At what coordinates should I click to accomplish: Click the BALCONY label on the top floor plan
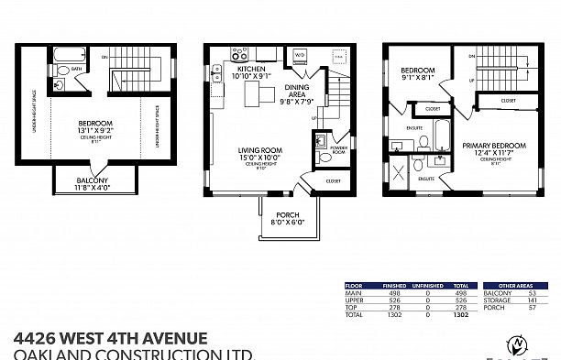pyautogui.click(x=92, y=180)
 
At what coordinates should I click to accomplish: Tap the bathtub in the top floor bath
pyautogui.click(x=68, y=54)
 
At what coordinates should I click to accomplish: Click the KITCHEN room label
pyautogui.click(x=251, y=69)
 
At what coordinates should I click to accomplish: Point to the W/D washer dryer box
pyautogui.click(x=299, y=55)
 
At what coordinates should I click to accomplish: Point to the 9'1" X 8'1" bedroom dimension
pyautogui.click(x=416, y=77)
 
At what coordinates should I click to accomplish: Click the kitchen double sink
pyautogui.click(x=220, y=73)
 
